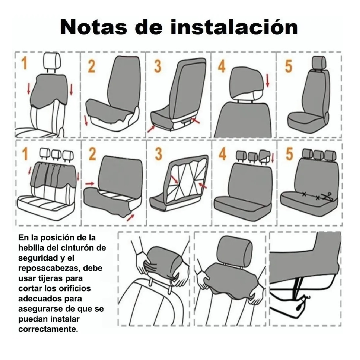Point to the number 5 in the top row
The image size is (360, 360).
point(288,66)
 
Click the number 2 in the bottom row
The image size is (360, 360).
point(92,154)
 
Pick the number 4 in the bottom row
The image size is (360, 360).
point(222,154)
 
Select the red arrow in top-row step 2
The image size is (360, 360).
point(86,120)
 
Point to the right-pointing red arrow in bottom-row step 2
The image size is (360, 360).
point(89,183)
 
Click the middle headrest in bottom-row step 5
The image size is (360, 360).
point(318,154)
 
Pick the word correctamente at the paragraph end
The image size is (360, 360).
point(48,329)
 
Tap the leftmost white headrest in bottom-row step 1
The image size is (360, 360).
point(44,154)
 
